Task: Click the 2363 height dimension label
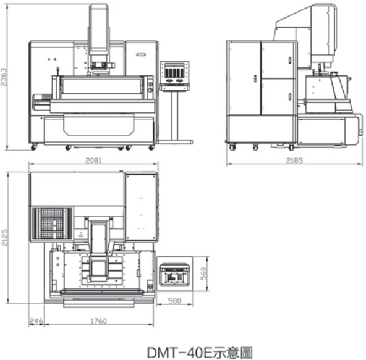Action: (4, 77)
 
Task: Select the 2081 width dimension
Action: (93, 161)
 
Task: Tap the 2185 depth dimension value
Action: (294, 161)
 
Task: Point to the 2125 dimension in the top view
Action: (4, 238)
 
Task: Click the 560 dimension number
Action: (204, 274)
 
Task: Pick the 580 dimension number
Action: (174, 301)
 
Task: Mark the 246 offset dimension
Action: (36, 321)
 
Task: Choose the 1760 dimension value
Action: (98, 321)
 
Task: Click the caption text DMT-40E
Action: (179, 353)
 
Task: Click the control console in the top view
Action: (174, 274)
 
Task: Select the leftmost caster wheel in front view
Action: (34, 147)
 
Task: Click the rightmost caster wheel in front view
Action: (151, 148)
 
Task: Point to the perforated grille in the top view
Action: (52, 224)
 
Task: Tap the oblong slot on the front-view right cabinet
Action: (141, 55)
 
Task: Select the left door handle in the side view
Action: (255, 78)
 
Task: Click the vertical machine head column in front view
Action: (98, 28)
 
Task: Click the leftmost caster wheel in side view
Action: (232, 148)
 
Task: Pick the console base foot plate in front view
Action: (174, 141)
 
